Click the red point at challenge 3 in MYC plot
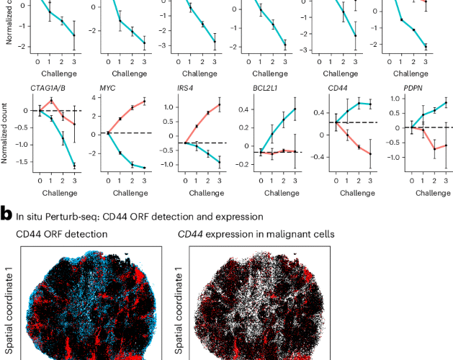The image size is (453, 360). [x=145, y=102]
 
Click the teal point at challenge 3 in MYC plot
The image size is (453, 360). [x=145, y=168]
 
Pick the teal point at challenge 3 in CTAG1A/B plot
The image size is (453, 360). [x=75, y=166]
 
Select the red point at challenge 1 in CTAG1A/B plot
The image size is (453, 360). [x=51, y=100]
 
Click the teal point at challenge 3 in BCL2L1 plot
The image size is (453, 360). [x=294, y=109]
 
